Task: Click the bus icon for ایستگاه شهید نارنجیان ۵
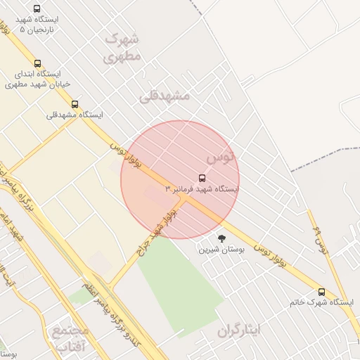tap(37, 8)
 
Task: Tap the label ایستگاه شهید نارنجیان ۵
tap(37, 25)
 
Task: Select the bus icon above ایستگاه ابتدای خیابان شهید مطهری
tap(37, 63)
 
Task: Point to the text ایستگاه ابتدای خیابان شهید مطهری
tap(34, 79)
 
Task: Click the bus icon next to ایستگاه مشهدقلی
tap(75, 104)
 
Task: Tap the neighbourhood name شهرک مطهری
tap(122, 47)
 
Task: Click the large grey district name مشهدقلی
tap(165, 95)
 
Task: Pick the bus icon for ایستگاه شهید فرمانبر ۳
tap(202, 178)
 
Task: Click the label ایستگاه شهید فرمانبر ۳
tap(202, 190)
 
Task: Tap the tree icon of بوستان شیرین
tap(222, 238)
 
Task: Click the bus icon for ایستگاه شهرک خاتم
tap(321, 291)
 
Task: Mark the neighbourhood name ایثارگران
tap(239, 330)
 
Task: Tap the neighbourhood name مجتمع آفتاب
tap(70, 337)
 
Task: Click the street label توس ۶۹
tap(320, 240)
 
